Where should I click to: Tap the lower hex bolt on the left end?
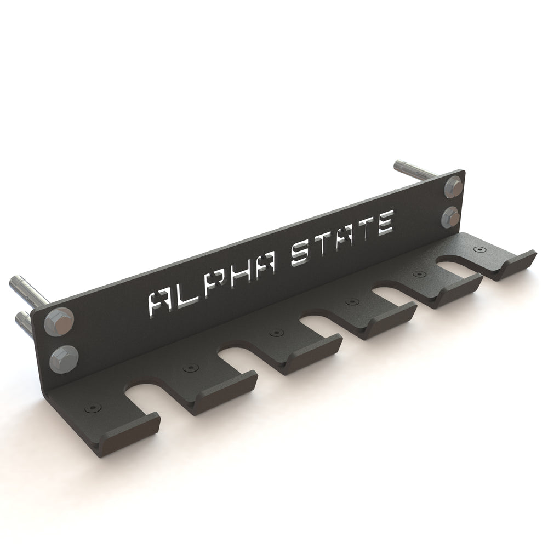62,359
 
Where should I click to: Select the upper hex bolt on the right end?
454,187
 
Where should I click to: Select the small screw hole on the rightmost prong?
480,249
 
